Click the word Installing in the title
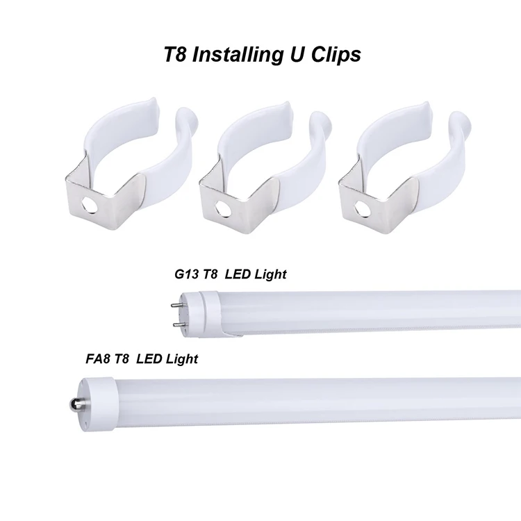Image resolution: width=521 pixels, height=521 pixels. [x=235, y=54]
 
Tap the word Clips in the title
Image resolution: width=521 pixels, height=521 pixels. [x=336, y=54]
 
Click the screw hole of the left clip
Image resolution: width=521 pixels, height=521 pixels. [x=89, y=204]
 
